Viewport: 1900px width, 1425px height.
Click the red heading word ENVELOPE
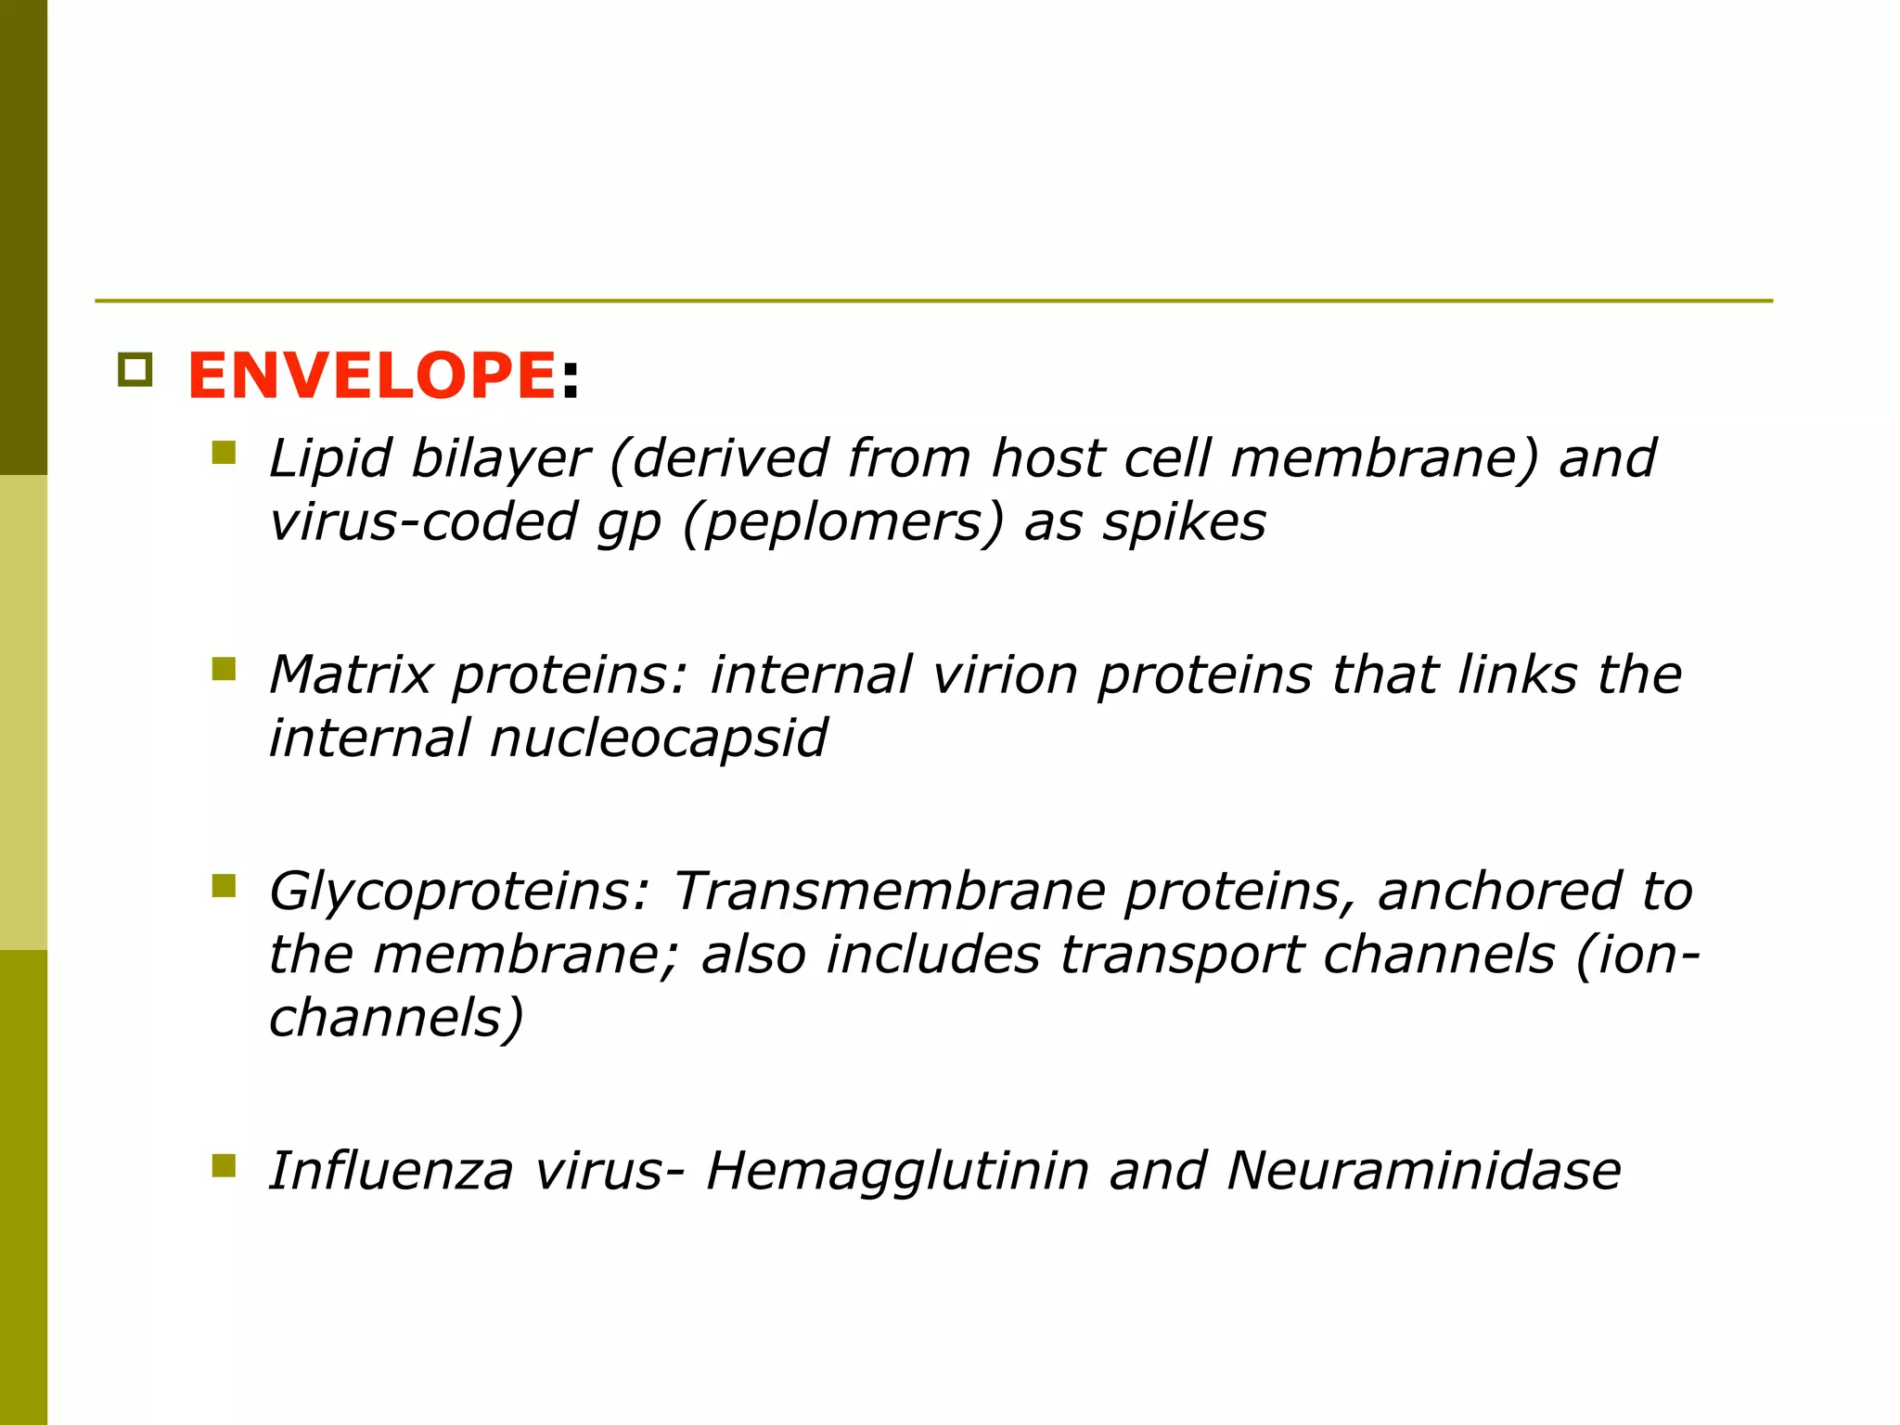[371, 376]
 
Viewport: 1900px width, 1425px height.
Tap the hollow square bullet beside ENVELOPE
[135, 370]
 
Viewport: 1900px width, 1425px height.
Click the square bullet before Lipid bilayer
[224, 453]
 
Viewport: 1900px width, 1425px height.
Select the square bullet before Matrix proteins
[224, 669]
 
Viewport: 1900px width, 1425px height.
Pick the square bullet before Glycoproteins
[224, 886]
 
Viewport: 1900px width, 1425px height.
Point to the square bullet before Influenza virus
[224, 1165]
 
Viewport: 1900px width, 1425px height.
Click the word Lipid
[329, 458]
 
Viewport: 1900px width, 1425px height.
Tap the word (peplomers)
[842, 522]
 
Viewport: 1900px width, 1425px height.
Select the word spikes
[1184, 522]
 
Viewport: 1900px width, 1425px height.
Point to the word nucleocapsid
[658, 738]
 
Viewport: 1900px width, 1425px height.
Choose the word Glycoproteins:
[459, 892]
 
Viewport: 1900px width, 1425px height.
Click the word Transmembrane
[889, 892]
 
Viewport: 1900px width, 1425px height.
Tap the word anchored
[1499, 892]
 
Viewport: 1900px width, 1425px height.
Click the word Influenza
[391, 1171]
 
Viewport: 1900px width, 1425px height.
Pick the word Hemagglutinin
[897, 1171]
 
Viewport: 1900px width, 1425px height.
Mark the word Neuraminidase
[1423, 1171]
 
